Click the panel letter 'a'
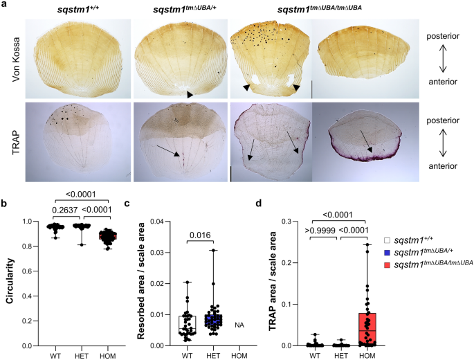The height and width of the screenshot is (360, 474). click(x=5, y=5)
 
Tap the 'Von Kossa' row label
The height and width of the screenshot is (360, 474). click(x=16, y=60)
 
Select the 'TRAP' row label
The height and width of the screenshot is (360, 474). click(x=16, y=142)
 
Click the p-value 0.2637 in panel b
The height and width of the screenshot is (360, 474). click(x=64, y=210)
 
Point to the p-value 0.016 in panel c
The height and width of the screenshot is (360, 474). click(x=200, y=235)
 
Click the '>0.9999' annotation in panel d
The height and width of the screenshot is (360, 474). click(x=320, y=231)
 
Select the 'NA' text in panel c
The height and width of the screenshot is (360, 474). click(x=239, y=325)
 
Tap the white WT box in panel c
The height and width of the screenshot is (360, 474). click(x=188, y=324)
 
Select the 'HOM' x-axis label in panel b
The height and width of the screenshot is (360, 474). click(x=108, y=356)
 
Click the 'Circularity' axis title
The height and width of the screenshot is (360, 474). click(x=10, y=281)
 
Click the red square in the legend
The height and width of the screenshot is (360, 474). click(x=387, y=265)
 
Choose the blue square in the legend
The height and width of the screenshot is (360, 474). click(x=387, y=253)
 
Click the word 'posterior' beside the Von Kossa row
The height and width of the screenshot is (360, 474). click(x=443, y=36)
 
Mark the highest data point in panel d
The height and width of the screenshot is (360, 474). click(x=367, y=244)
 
